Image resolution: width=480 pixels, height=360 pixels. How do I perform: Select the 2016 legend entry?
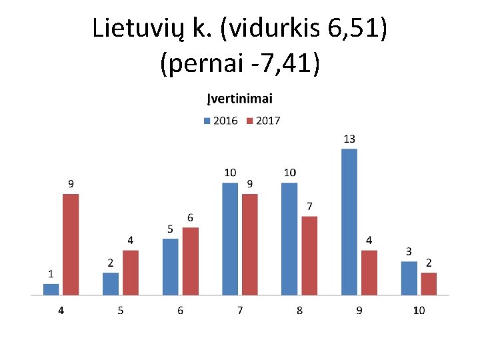click(220, 121)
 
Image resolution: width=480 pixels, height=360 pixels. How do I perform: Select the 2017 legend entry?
click(263, 121)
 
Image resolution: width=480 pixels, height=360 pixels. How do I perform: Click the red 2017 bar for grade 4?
click(71, 244)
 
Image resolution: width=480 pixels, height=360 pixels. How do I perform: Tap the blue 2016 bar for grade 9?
click(349, 221)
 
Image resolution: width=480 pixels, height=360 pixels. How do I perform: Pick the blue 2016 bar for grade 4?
click(51, 289)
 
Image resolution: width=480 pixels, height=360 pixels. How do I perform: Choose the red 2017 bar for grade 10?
click(429, 283)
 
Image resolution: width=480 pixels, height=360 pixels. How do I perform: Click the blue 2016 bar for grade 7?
click(230, 239)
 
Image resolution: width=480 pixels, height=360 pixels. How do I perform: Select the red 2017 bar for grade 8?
click(309, 255)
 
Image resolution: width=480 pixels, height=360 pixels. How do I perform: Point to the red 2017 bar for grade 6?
click(190, 261)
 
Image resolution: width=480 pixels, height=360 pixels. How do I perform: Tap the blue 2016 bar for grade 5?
click(111, 283)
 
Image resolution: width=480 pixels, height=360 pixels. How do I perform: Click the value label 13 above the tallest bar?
click(349, 139)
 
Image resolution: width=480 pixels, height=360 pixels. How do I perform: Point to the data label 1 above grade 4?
click(51, 274)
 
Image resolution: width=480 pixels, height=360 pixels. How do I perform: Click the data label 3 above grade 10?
click(409, 251)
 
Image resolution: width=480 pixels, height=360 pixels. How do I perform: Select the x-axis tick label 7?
click(240, 311)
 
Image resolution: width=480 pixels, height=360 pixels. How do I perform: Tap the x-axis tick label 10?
click(419, 311)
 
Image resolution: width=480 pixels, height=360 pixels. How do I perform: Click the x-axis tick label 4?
click(61, 311)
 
